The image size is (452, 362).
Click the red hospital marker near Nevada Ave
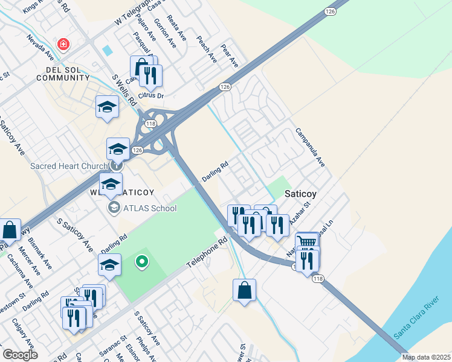tap(62, 44)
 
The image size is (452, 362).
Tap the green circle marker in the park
tap(142, 261)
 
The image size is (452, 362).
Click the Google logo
tap(19, 354)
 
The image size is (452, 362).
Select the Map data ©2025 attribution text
tap(426, 357)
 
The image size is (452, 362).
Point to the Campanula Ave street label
tap(311, 147)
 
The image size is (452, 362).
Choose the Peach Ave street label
tap(207, 49)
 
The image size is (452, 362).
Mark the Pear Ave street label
tap(230, 55)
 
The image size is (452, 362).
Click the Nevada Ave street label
tap(40, 48)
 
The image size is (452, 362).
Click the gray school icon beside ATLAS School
tap(112, 208)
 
